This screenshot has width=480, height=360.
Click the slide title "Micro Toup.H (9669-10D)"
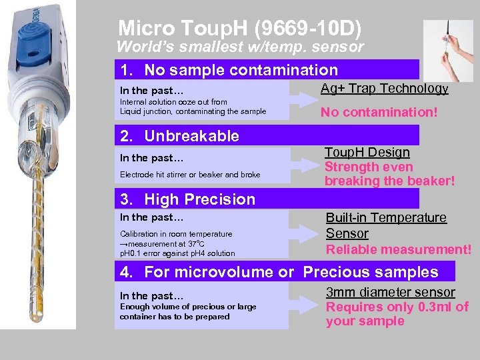[x=240, y=29]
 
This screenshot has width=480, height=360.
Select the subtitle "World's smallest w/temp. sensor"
[x=240, y=47]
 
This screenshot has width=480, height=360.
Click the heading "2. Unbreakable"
[x=179, y=136]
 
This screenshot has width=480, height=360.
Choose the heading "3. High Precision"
[x=187, y=199]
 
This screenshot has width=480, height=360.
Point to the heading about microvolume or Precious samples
[x=279, y=272]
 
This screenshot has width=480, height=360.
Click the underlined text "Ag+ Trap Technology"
[x=384, y=89]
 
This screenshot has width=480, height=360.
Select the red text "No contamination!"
[x=379, y=113]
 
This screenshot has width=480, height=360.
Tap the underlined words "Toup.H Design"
[x=368, y=153]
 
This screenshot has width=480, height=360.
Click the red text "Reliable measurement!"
[x=398, y=249]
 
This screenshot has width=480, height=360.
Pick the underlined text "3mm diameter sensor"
[x=390, y=292]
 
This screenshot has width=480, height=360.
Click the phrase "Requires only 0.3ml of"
[x=397, y=307]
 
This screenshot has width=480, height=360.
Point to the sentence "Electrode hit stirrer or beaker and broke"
[x=190, y=175]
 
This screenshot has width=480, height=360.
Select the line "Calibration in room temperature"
[x=176, y=234]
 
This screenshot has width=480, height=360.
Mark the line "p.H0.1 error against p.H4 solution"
[x=177, y=253]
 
